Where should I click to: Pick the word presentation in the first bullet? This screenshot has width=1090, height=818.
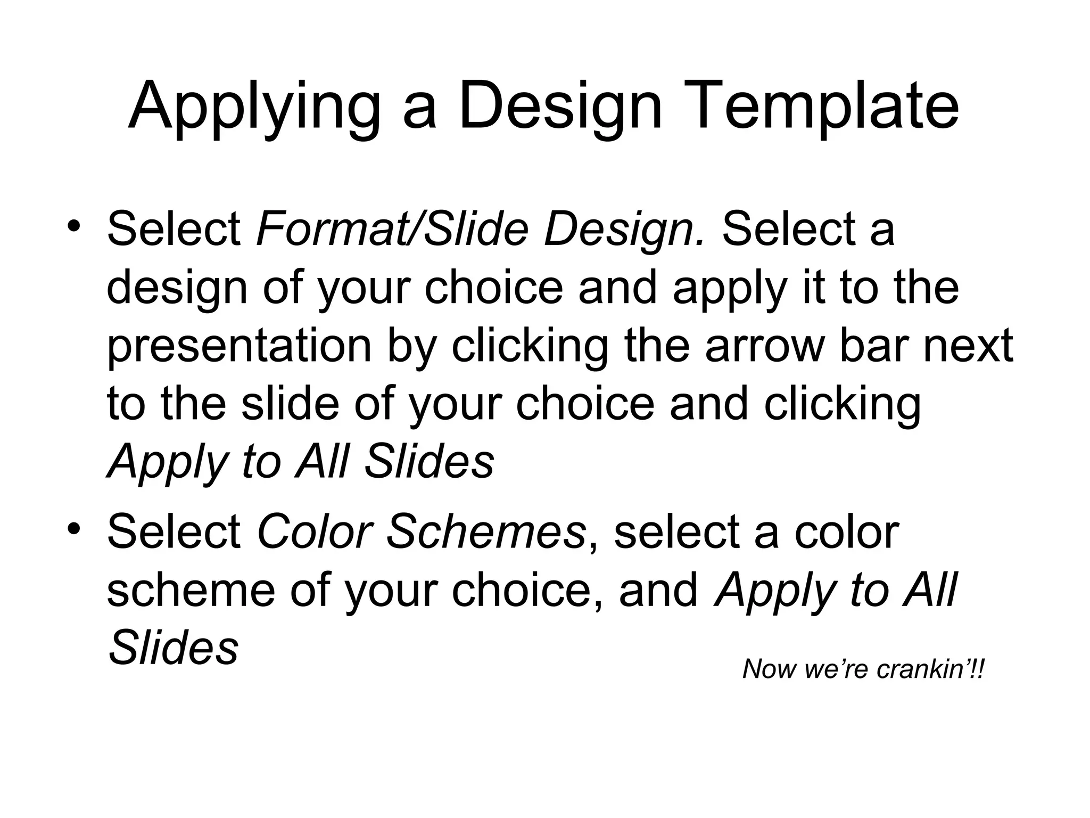tap(239, 347)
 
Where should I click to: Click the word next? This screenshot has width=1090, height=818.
tap(968, 346)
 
